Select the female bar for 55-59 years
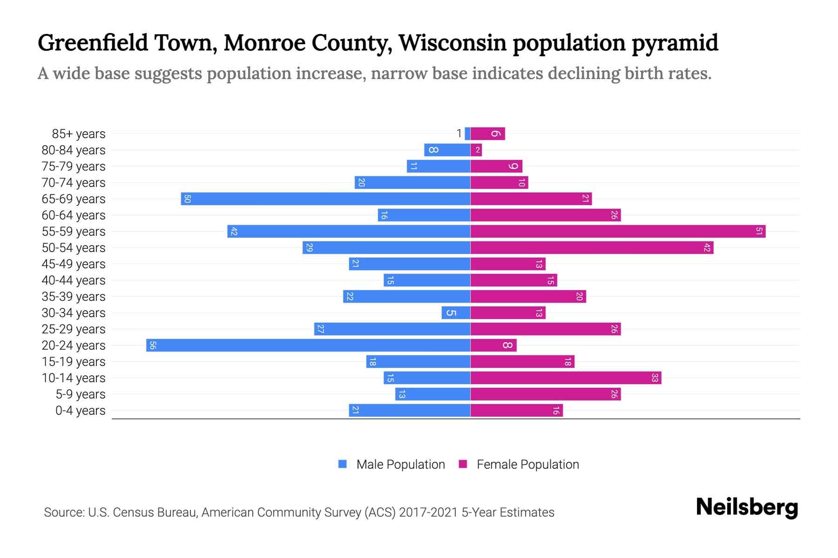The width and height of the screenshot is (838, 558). pyautogui.click(x=617, y=231)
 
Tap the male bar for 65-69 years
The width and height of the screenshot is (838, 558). pyautogui.click(x=325, y=199)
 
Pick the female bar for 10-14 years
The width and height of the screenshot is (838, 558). pyautogui.click(x=565, y=378)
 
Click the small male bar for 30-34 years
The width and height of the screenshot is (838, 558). pyautogui.click(x=455, y=312)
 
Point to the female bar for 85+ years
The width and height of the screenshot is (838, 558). pyautogui.click(x=487, y=133)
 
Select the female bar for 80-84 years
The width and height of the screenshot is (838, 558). pyautogui.click(x=476, y=150)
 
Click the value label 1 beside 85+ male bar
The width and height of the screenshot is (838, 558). pyautogui.click(x=459, y=134)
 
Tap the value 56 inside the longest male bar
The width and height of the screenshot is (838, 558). pyautogui.click(x=153, y=345)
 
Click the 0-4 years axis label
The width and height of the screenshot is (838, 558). pyautogui.click(x=80, y=411)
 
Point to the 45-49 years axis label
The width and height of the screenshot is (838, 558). pyautogui.click(x=74, y=264)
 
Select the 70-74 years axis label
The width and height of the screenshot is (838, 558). pyautogui.click(x=74, y=183)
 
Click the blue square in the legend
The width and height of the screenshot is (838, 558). pyautogui.click(x=343, y=464)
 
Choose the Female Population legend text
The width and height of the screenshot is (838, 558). pyautogui.click(x=527, y=465)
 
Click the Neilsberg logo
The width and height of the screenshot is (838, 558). pyautogui.click(x=747, y=507)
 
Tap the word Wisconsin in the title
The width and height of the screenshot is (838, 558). pyautogui.click(x=452, y=43)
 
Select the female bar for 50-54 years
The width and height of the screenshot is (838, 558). pyautogui.click(x=591, y=247)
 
